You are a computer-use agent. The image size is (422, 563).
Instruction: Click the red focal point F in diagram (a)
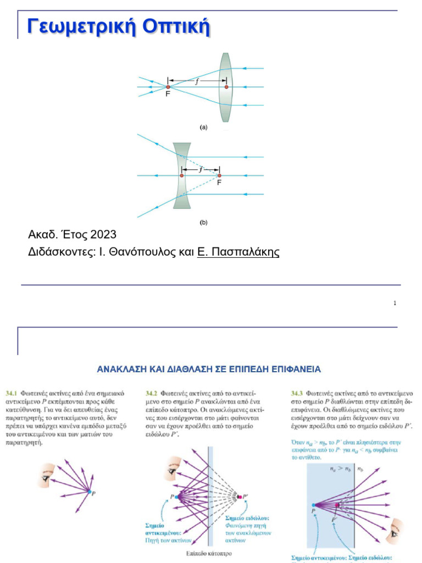pyautogui.click(x=168, y=87)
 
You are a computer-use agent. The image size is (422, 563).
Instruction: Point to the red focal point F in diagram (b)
pyautogui.click(x=219, y=175)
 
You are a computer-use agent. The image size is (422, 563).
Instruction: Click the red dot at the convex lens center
pyautogui.click(x=226, y=87)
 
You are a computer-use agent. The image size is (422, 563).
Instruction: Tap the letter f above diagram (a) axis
pyautogui.click(x=197, y=81)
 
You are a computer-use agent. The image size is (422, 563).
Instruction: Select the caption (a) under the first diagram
pyautogui.click(x=204, y=127)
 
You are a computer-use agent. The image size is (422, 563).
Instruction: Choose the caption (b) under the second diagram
pyautogui.click(x=204, y=223)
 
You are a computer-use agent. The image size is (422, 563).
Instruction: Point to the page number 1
pyautogui.click(x=395, y=303)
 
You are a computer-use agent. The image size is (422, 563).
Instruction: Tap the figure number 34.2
pyautogui.click(x=152, y=394)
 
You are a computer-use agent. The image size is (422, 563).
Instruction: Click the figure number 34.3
pyautogui.click(x=297, y=394)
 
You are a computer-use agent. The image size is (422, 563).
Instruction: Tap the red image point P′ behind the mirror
pyautogui.click(x=240, y=497)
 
